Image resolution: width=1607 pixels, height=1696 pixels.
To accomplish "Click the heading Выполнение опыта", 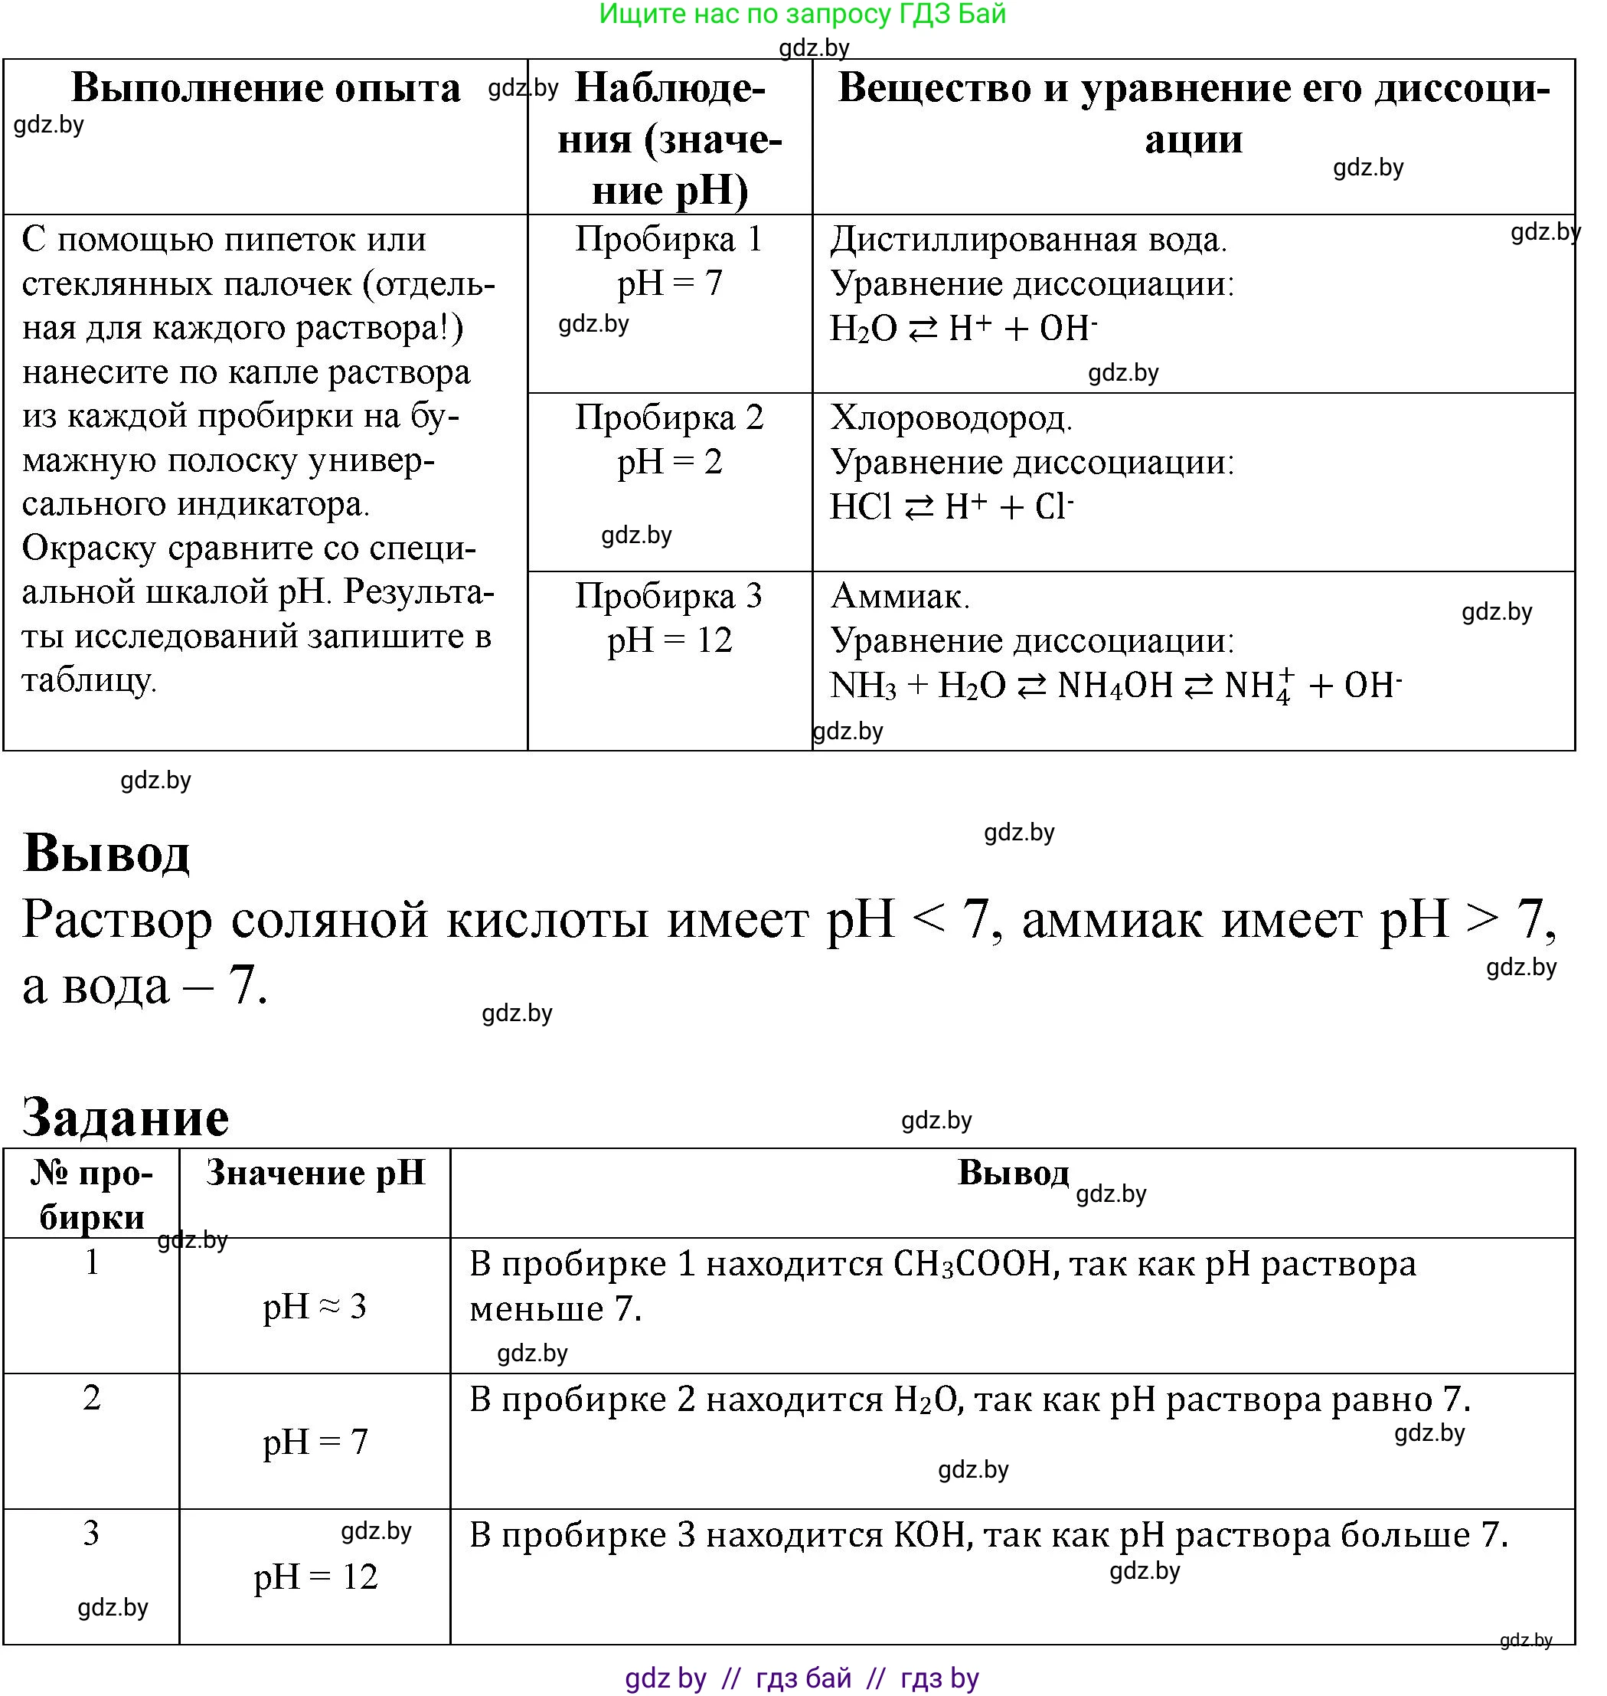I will click(x=266, y=87).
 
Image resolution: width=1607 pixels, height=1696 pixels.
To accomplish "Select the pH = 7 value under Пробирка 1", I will click(x=670, y=283).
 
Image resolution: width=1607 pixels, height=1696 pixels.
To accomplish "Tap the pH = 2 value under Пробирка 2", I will click(x=670, y=462).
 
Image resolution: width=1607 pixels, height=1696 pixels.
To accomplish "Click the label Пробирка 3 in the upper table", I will click(x=669, y=596).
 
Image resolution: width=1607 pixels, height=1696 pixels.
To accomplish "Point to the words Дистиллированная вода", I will click(x=1028, y=240).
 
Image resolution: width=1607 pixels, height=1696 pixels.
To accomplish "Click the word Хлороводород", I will click(x=951, y=418).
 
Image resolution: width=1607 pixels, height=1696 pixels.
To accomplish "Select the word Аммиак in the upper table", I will click(x=900, y=597).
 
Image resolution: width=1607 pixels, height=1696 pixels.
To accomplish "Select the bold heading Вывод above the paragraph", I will click(x=106, y=853).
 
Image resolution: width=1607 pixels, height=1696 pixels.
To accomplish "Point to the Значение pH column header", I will click(x=315, y=1172).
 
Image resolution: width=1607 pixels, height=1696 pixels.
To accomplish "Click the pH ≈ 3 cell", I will click(x=315, y=1307).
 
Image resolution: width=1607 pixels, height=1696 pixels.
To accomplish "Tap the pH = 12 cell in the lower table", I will click(x=315, y=1576).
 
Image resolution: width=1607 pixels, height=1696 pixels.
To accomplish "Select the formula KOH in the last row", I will click(x=930, y=1535).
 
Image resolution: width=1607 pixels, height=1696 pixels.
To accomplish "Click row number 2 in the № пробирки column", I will click(x=92, y=1398).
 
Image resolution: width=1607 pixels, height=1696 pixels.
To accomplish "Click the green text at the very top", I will click(x=802, y=14).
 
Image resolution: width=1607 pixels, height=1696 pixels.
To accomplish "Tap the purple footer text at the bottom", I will click(x=802, y=1677).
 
